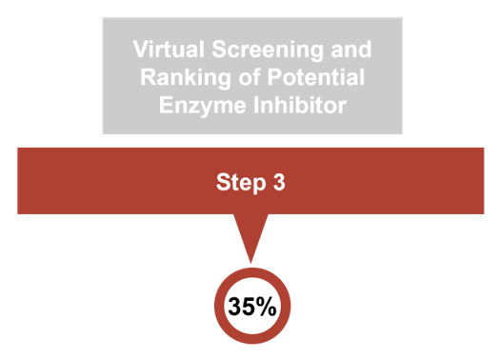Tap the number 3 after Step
click(x=279, y=181)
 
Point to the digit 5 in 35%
click(x=249, y=307)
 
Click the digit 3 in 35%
click(x=235, y=307)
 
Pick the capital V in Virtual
click(x=139, y=49)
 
